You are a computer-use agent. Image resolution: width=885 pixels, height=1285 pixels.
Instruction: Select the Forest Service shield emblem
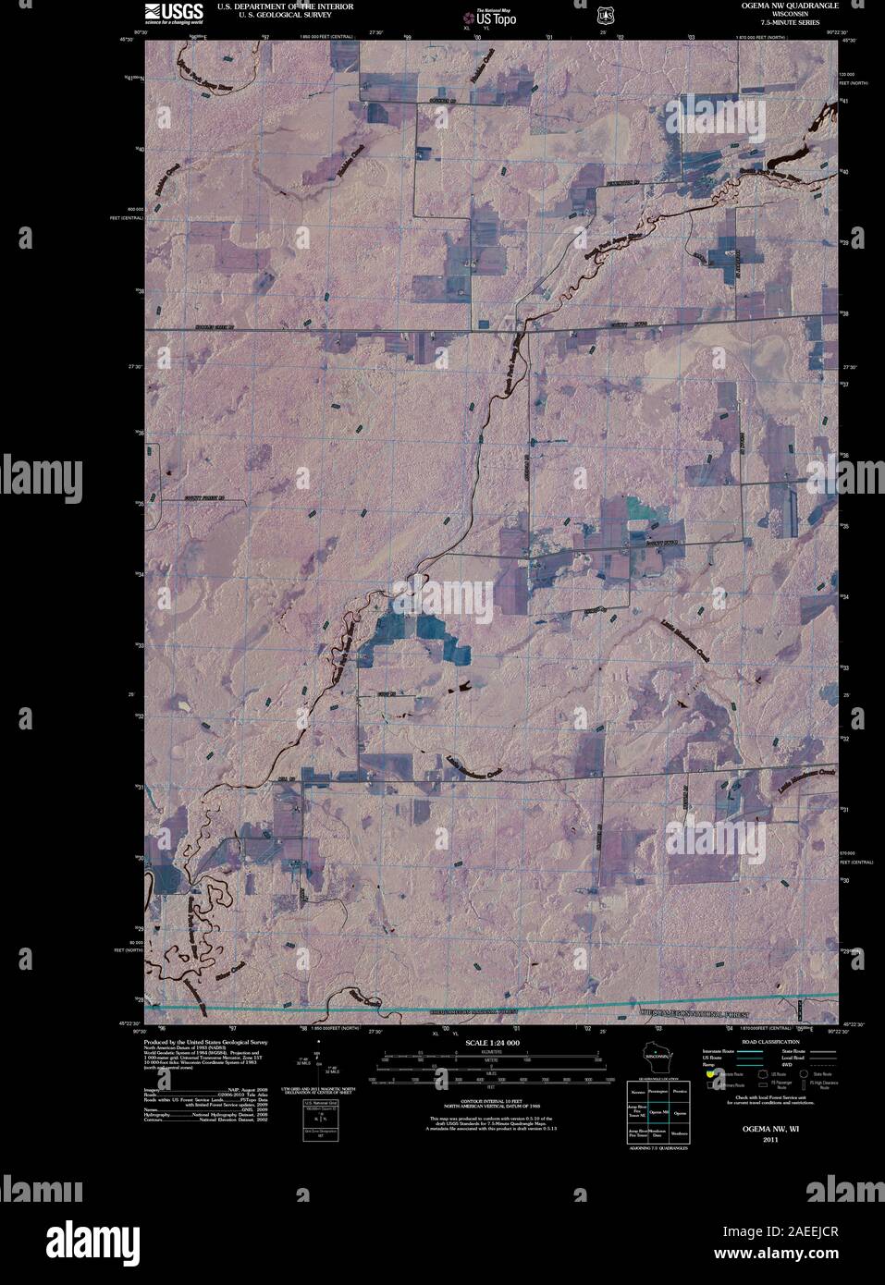coord(605,15)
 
